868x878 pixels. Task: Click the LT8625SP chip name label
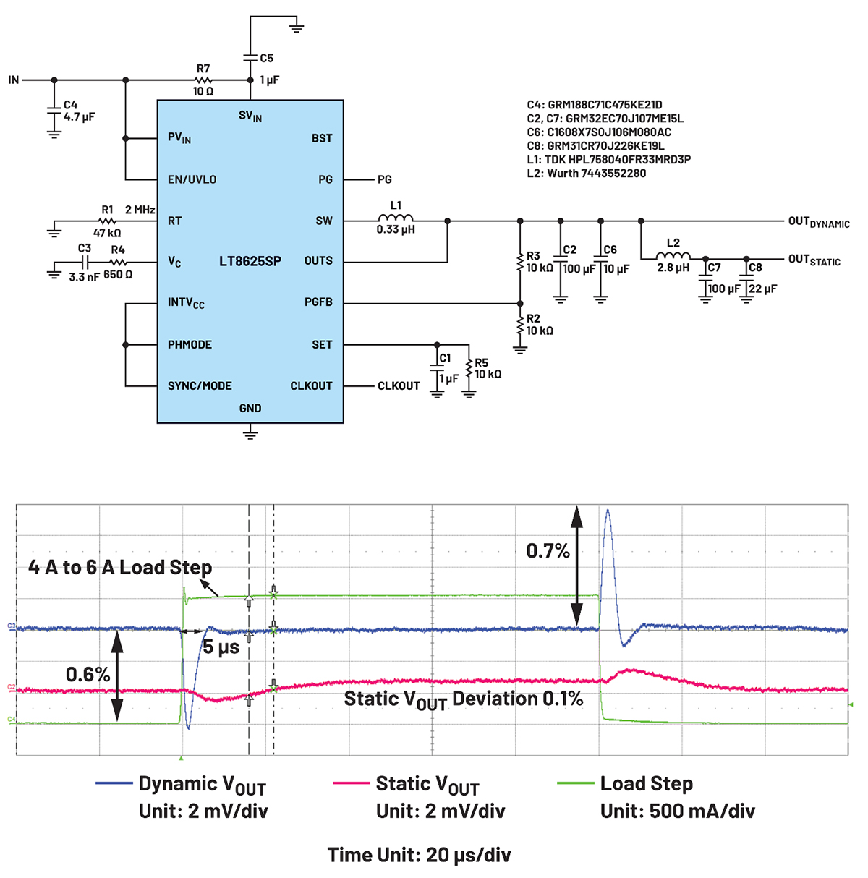pyautogui.click(x=250, y=261)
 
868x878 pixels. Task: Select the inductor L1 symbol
pyautogui.click(x=396, y=218)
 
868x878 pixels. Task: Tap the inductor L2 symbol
pyautogui.click(x=673, y=255)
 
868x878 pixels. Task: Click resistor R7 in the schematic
pyautogui.click(x=203, y=80)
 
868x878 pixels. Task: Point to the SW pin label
pyautogui.click(x=324, y=221)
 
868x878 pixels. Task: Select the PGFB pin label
pyautogui.click(x=318, y=302)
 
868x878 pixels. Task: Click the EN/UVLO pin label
pyautogui.click(x=192, y=179)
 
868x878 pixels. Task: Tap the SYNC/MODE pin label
pyautogui.click(x=200, y=385)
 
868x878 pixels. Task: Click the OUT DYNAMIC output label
pyautogui.click(x=818, y=222)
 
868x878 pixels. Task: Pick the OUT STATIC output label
pyautogui.click(x=814, y=260)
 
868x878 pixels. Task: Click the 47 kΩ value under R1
pyautogui.click(x=107, y=233)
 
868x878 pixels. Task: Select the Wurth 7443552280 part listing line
pyautogui.click(x=586, y=174)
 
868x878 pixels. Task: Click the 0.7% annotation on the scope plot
pyautogui.click(x=548, y=551)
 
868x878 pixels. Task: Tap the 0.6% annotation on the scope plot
pyautogui.click(x=88, y=675)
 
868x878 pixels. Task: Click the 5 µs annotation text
pyautogui.click(x=221, y=647)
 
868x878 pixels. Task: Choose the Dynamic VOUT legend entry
pyautogui.click(x=201, y=784)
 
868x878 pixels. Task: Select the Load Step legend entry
pyautogui.click(x=646, y=784)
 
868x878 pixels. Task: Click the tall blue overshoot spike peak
pyautogui.click(x=608, y=511)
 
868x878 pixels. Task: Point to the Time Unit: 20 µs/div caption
pyautogui.click(x=419, y=855)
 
